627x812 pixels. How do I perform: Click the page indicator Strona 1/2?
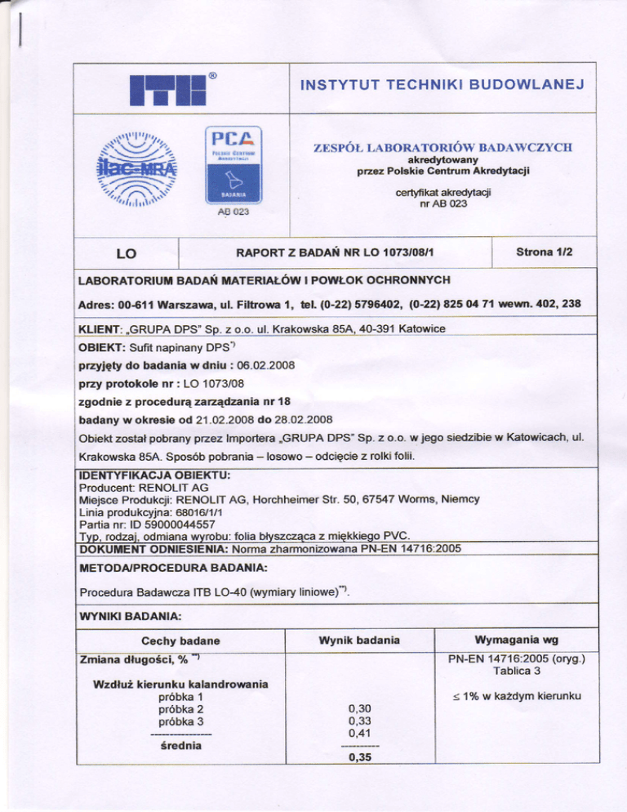pyautogui.click(x=545, y=253)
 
